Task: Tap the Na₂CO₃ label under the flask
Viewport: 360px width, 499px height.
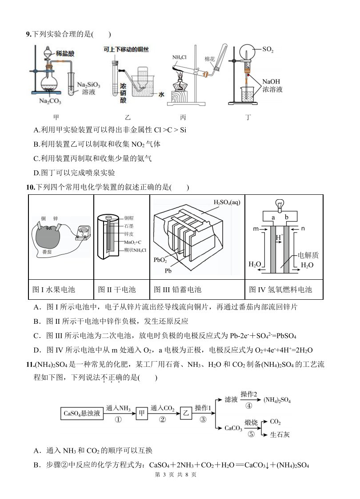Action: tap(50, 101)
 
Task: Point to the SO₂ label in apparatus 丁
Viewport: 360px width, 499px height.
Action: tap(268, 49)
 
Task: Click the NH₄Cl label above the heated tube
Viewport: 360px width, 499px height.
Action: tap(180, 57)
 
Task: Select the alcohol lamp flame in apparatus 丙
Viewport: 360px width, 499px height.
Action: tap(180, 76)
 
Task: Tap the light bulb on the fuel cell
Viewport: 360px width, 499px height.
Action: tap(280, 204)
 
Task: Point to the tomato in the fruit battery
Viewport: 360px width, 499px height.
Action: tap(47, 237)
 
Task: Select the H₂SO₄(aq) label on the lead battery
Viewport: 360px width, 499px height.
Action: tap(227, 202)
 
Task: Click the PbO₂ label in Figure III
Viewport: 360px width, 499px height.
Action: tap(160, 260)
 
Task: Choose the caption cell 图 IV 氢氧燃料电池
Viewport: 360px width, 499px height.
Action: tap(284, 289)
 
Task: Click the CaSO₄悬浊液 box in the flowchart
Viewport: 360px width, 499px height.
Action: tap(82, 414)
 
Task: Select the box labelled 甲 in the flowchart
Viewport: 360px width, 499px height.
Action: tap(142, 414)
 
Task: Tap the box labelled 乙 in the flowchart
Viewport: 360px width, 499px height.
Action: tap(186, 414)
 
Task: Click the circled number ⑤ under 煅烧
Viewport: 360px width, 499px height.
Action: tap(251, 434)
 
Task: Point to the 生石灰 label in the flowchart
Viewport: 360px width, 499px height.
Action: tap(280, 435)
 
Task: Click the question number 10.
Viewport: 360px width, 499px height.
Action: tap(31, 187)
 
